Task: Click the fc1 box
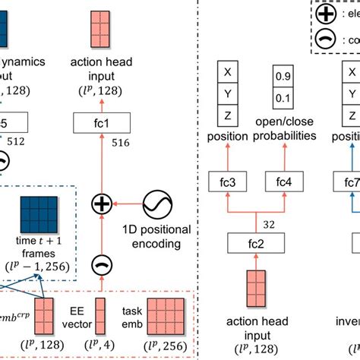tap(100, 122)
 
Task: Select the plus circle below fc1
tap(100, 204)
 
